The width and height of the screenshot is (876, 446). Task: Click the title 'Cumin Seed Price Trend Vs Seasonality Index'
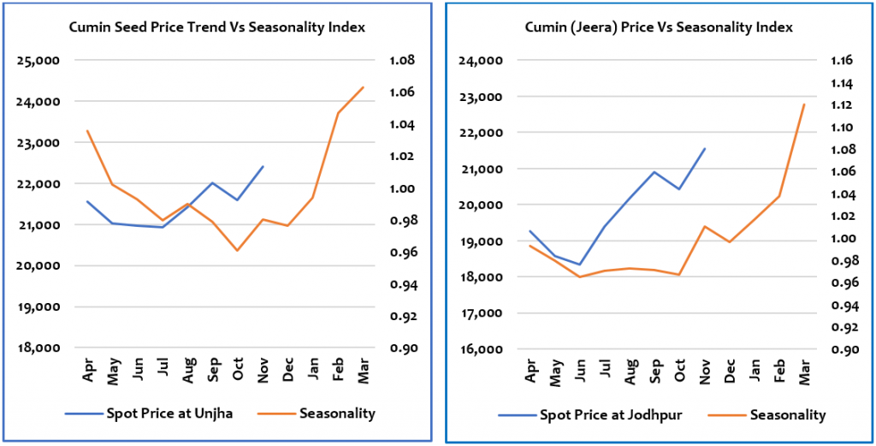(x=216, y=28)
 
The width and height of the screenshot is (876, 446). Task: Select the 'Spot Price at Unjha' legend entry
(x=149, y=414)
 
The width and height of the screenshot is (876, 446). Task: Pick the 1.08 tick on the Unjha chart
(x=402, y=61)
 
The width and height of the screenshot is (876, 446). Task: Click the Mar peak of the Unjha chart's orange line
(x=363, y=87)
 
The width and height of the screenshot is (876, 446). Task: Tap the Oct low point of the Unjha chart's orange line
(x=239, y=250)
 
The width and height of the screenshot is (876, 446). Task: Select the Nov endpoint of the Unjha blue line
(x=263, y=167)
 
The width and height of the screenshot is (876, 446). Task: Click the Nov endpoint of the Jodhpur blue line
(x=705, y=149)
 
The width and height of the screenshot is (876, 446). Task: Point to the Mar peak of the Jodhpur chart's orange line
(x=804, y=104)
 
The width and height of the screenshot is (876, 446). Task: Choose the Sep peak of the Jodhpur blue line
(x=654, y=172)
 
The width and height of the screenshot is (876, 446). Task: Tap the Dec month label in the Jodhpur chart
(x=729, y=372)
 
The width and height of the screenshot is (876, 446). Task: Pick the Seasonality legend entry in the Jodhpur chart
(x=767, y=415)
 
